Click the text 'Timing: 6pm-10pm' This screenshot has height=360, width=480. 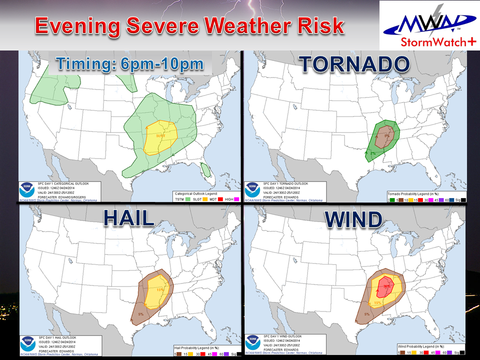pyautogui.click(x=129, y=64)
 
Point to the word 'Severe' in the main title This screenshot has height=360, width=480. pyautogui.click(x=157, y=26)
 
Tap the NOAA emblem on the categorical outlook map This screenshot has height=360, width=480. pyautogui.click(x=27, y=190)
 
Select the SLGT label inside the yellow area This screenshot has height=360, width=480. pyautogui.click(x=160, y=135)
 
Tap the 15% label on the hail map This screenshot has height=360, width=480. pyautogui.click(x=160, y=289)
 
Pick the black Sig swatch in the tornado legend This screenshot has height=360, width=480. pyautogui.click(x=462, y=199)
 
